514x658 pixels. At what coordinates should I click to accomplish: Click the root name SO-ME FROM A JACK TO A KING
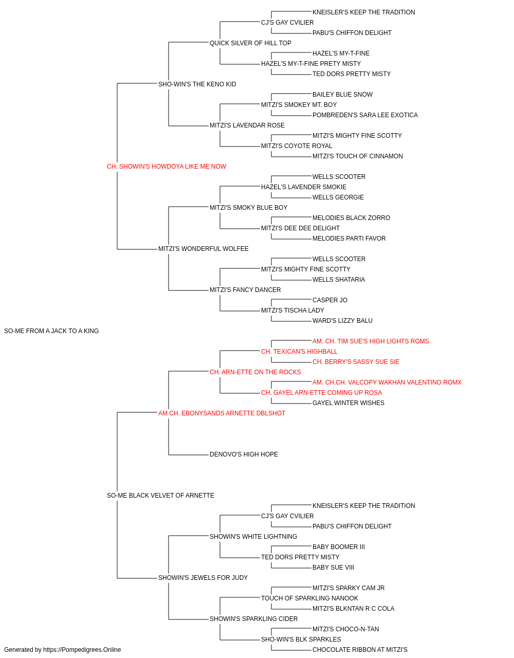click(51, 331)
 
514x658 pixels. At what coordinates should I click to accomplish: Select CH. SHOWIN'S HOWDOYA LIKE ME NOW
click(167, 167)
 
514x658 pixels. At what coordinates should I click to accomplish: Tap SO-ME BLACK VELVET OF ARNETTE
click(160, 496)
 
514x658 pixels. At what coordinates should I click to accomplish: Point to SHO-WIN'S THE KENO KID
click(197, 84)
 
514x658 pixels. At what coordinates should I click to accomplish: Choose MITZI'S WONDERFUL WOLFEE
click(204, 249)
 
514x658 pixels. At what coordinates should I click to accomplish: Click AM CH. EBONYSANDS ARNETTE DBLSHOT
click(222, 413)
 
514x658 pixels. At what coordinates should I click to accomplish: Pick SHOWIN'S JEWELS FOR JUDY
click(203, 578)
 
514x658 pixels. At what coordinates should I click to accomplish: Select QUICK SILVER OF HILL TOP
click(251, 43)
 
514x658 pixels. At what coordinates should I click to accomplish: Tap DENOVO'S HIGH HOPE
click(244, 454)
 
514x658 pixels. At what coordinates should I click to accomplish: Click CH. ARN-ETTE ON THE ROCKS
click(255, 372)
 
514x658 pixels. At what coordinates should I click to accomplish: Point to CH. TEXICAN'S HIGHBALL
click(299, 352)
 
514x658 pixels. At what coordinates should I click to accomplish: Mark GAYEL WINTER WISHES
click(348, 403)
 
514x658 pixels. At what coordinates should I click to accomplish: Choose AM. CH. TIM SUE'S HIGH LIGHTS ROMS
click(371, 341)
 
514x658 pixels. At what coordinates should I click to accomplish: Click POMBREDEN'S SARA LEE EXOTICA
click(365, 115)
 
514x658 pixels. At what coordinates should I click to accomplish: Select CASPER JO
click(330, 300)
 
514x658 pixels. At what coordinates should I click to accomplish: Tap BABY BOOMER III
click(339, 547)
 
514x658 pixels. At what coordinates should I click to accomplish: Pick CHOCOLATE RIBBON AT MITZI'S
click(360, 650)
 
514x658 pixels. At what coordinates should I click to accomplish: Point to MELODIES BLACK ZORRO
click(352, 218)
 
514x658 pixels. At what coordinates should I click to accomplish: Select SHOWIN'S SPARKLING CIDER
click(254, 619)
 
